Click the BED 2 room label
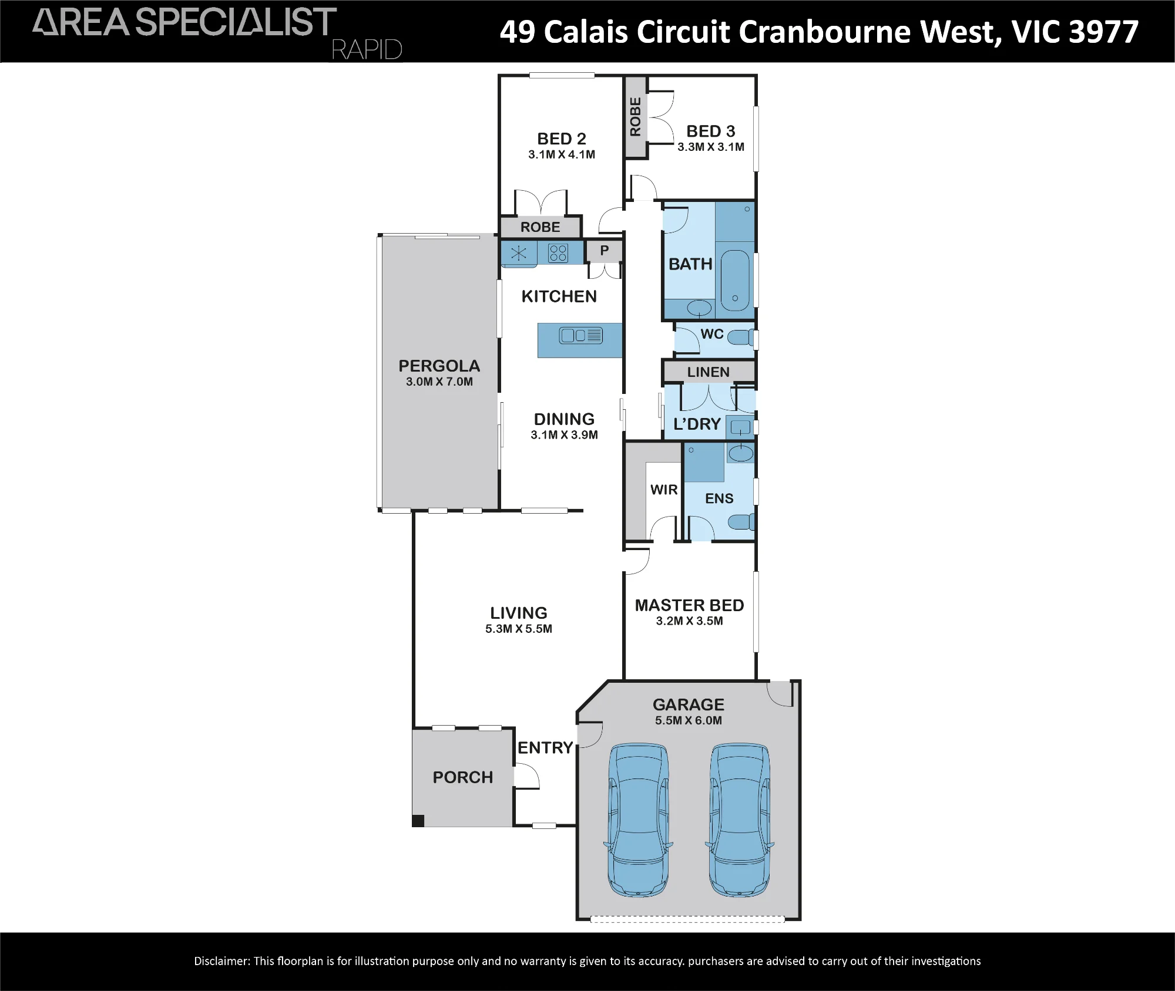562,139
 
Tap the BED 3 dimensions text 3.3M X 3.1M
711,147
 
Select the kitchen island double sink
581,335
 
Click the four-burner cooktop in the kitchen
558,253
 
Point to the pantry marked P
604,251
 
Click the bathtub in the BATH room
735,280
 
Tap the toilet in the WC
741,338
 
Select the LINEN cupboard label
709,372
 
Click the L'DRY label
697,424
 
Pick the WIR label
664,490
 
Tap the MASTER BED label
690,605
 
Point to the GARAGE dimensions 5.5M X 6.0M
689,720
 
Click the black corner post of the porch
418,821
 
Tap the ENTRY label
545,747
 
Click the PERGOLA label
439,366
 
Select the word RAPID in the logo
367,50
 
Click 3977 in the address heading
1104,32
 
